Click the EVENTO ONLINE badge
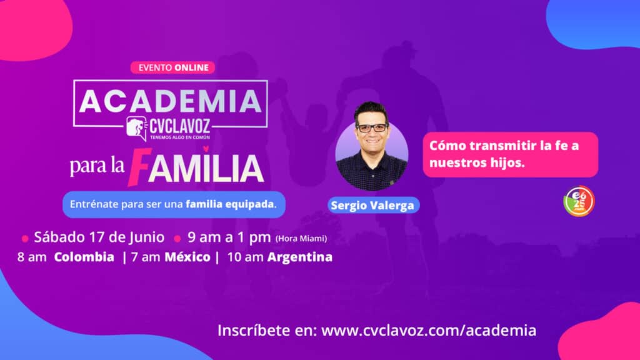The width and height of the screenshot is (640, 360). [172, 67]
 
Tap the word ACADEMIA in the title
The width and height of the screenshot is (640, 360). [170, 101]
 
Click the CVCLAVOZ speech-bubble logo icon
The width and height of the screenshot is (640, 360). [137, 128]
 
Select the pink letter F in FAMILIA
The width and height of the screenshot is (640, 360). [139, 166]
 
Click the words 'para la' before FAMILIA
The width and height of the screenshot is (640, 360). [97, 165]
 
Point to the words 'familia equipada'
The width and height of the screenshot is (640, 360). [230, 204]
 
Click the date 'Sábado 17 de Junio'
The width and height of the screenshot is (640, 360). [99, 237]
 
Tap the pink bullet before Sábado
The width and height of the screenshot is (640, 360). [25, 238]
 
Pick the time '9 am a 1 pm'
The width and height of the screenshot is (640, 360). [229, 237]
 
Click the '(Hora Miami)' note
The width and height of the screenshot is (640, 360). [301, 238]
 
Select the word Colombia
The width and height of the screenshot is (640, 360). [84, 257]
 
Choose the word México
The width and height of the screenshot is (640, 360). [187, 257]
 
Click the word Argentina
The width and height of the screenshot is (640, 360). [300, 257]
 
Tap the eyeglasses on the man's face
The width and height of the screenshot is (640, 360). [371, 127]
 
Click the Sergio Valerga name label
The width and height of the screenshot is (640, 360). [373, 205]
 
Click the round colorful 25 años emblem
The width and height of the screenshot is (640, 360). [579, 201]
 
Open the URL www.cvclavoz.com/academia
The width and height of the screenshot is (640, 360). [429, 330]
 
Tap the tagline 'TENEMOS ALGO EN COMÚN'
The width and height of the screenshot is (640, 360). [180, 137]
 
